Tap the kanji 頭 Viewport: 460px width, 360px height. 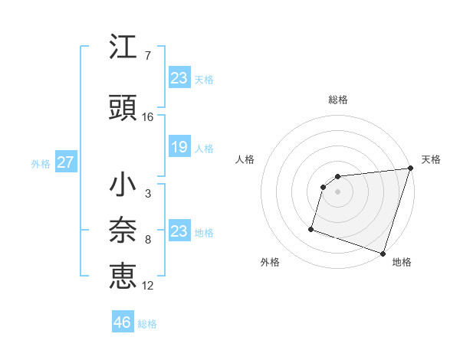(123, 107)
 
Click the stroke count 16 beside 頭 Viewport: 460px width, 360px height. (148, 117)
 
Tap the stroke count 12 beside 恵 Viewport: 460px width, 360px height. (148, 286)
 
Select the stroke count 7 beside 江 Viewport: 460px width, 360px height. (147, 56)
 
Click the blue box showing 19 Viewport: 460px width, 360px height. (179, 148)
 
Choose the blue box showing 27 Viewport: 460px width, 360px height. (65, 163)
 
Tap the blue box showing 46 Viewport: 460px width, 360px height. (123, 322)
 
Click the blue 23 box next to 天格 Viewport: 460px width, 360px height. (179, 78)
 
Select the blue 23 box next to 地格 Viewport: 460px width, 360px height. (179, 231)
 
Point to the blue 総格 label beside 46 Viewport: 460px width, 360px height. (147, 324)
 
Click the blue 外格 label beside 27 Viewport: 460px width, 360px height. (41, 164)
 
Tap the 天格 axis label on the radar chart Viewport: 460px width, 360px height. (431, 159)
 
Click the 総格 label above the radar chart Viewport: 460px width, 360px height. (337, 100)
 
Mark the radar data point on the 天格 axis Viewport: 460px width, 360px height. (410, 169)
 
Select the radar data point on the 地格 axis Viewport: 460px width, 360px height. (383, 253)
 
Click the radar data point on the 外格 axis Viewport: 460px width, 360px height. (311, 228)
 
